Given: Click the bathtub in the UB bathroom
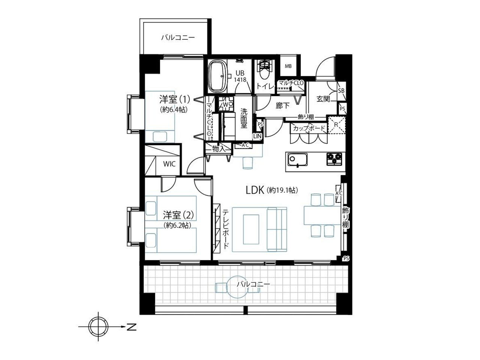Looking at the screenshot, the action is (x=217, y=77).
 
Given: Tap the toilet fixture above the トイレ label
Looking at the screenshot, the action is (x=265, y=70).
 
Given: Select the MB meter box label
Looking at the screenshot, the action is (x=288, y=66).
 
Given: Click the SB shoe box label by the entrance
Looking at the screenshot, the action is (x=341, y=90).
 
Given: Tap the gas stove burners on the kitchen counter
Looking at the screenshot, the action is (x=334, y=159).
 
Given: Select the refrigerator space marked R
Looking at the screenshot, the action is (x=336, y=125).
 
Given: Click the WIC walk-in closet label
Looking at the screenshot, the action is (x=169, y=164).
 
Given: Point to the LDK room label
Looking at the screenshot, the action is (x=255, y=190).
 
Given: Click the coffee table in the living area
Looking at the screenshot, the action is (x=251, y=229).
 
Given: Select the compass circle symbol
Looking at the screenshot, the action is (x=98, y=327).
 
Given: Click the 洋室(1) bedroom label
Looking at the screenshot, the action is (x=175, y=100).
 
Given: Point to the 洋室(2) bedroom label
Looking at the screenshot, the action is (x=178, y=215).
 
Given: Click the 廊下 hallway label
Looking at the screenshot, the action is (x=282, y=106).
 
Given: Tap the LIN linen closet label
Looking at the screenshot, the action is (x=257, y=136).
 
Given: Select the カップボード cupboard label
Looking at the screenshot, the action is (x=309, y=128).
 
